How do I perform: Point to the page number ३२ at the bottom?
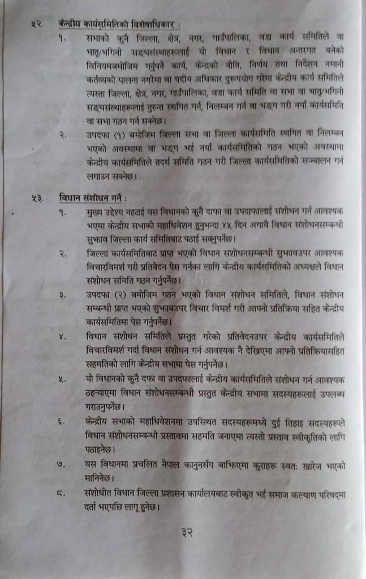click(x=189, y=533)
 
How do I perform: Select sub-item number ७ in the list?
click(x=62, y=465)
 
